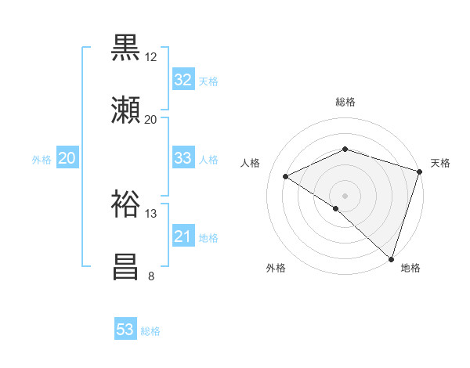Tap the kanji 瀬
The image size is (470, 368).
(x=127, y=110)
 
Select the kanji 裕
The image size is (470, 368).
(x=127, y=204)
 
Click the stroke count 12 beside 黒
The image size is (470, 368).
(x=151, y=57)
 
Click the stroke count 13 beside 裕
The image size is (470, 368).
(x=151, y=214)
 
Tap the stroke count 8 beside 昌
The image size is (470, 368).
(x=150, y=276)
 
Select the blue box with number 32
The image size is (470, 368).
(x=183, y=80)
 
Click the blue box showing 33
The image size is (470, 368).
(x=183, y=158)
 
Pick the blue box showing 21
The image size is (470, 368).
(x=183, y=236)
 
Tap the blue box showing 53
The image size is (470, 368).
(x=125, y=330)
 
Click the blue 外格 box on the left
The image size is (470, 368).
(x=67, y=158)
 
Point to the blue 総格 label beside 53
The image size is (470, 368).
(x=150, y=331)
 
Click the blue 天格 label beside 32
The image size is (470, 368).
(x=208, y=81)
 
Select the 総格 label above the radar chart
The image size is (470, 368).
(x=345, y=102)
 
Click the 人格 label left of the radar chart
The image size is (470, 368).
(x=251, y=163)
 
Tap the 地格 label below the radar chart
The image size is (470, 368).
(x=410, y=268)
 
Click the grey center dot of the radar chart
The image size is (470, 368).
(x=345, y=195)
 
